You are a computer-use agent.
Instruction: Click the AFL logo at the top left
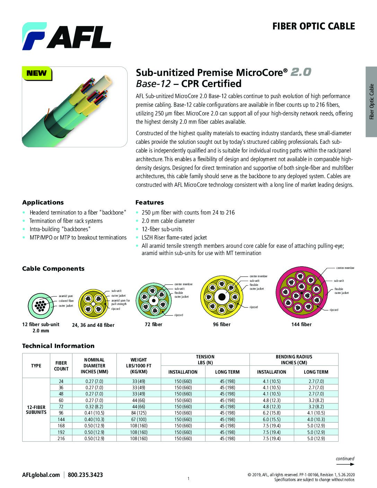point(67,36)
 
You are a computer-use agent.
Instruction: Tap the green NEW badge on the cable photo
point(36,73)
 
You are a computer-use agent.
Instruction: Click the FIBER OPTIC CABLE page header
point(313,26)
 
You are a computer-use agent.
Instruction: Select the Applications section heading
point(43,202)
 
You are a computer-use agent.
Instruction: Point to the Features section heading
point(149,202)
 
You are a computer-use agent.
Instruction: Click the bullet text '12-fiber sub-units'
point(162,229)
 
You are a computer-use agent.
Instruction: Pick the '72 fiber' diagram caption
point(154,324)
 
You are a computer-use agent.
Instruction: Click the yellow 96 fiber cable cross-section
point(222,297)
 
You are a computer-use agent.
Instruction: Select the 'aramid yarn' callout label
point(66,296)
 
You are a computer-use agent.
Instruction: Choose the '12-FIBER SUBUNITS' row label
point(36,410)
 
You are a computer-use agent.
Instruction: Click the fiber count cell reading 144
point(61,419)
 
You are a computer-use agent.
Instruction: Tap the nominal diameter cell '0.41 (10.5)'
point(94,413)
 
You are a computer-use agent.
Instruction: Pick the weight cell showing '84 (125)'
point(139,413)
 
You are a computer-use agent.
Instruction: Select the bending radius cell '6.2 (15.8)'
point(272,413)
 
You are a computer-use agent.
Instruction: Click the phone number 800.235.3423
point(85,475)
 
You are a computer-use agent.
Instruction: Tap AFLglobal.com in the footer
point(41,475)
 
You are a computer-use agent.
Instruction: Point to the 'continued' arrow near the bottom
point(345,461)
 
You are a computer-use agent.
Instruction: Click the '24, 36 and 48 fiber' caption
point(93,325)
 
